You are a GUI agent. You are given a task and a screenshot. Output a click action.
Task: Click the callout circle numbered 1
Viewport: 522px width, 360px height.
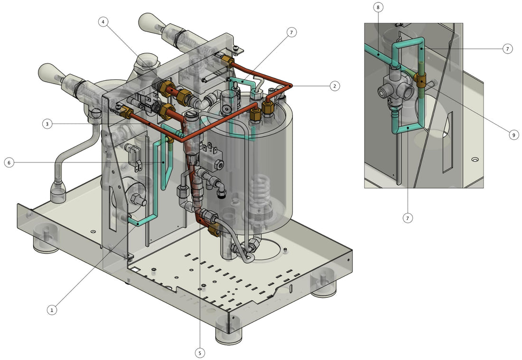[x=52, y=310]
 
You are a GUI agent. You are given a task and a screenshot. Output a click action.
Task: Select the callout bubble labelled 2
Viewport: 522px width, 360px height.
[x=335, y=86]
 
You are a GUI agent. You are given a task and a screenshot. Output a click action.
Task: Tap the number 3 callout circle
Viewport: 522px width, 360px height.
[x=47, y=124]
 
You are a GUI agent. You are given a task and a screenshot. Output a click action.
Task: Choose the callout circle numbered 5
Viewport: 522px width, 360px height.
[x=200, y=353]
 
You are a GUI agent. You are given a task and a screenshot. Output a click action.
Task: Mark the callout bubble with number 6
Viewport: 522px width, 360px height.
[x=9, y=162]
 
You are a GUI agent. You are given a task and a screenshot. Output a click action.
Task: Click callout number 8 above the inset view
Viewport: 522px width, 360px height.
[x=377, y=8]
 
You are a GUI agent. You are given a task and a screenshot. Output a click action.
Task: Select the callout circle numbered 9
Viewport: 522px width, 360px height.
[x=513, y=135]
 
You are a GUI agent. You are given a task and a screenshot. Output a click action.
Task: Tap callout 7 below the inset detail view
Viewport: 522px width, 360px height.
[x=408, y=218]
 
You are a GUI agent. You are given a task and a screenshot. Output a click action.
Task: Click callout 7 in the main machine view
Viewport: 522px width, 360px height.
[x=291, y=32]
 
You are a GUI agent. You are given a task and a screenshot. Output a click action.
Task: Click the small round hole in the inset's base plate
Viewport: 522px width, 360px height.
[x=474, y=160]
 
